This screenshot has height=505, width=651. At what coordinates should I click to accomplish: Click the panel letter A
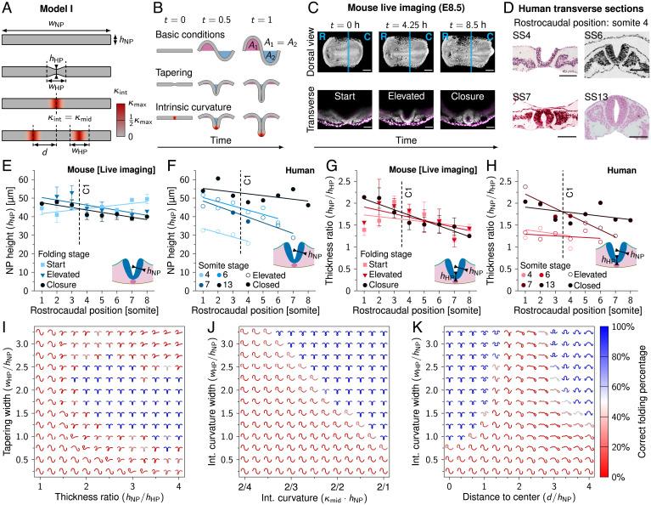click(7, 8)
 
